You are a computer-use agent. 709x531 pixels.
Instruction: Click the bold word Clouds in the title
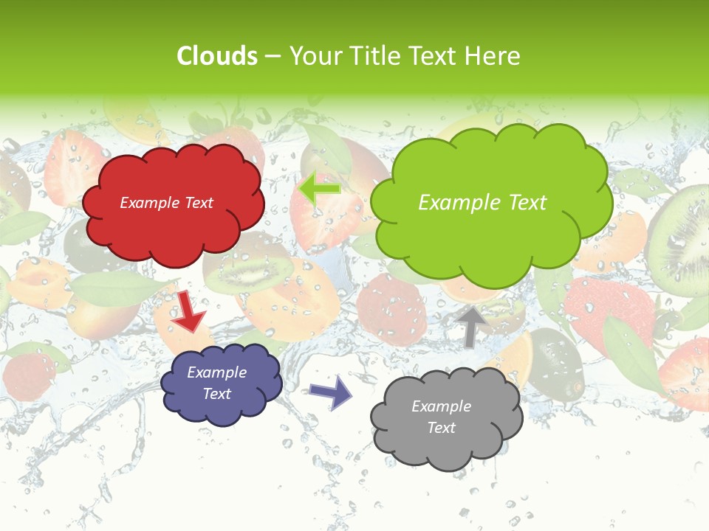coord(217,56)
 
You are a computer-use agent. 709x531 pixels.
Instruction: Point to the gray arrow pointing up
coord(471,325)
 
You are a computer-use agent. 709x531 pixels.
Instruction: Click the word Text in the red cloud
coord(197,203)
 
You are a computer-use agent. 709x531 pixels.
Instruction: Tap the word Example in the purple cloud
coord(216,372)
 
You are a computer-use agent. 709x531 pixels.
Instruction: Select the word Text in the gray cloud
coord(441,428)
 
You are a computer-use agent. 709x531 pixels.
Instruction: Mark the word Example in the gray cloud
coord(441,406)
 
